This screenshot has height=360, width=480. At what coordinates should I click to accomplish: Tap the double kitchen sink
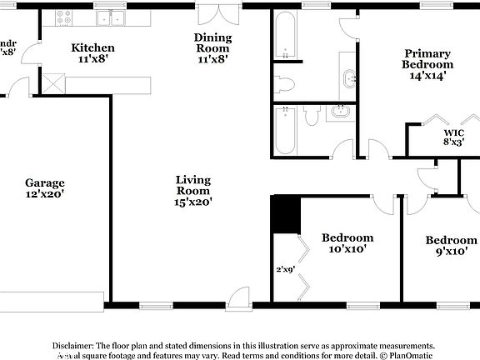point(109,17)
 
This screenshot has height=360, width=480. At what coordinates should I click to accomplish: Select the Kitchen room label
point(92,53)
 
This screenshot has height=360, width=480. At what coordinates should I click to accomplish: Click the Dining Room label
point(212,47)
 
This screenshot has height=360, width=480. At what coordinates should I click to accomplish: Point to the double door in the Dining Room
point(212,16)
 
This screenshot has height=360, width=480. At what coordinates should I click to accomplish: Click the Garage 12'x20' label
point(45,188)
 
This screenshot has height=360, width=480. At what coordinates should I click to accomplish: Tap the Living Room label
point(192,190)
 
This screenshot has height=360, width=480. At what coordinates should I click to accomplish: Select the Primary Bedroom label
point(427,63)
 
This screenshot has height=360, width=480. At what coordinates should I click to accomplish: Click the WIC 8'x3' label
point(453,137)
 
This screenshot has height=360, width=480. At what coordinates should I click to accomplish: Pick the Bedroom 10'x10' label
point(347,242)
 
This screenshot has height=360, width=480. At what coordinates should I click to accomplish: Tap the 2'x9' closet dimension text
point(286,269)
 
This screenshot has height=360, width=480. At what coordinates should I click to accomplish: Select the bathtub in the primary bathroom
point(284,36)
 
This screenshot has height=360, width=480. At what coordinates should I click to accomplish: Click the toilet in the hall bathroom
point(312,116)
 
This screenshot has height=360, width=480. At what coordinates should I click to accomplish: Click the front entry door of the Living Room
point(239,298)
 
